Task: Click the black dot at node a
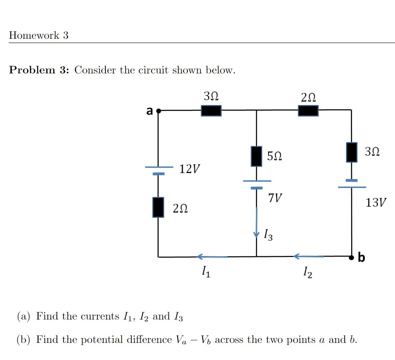click(x=158, y=111)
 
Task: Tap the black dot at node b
click(x=352, y=257)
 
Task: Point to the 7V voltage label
click(x=275, y=198)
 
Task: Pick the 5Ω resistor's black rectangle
click(x=256, y=156)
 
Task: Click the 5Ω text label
click(x=274, y=157)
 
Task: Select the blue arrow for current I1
click(x=212, y=257)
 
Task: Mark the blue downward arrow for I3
click(x=256, y=223)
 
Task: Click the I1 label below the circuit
click(x=206, y=271)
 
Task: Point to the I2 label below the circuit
click(x=307, y=272)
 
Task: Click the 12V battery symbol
click(x=159, y=171)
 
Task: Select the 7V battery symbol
click(x=257, y=184)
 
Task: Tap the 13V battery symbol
click(x=352, y=184)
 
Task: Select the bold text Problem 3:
click(x=40, y=70)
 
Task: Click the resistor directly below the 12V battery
click(x=158, y=207)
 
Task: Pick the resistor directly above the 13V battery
click(x=352, y=152)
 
